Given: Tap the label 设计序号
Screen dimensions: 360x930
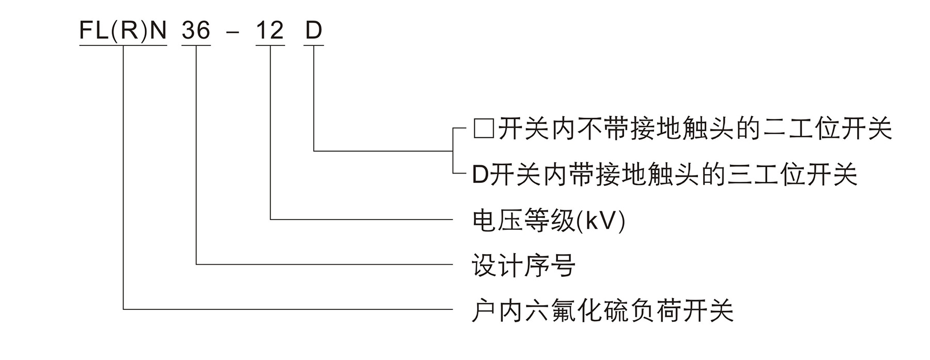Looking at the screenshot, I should (x=523, y=265).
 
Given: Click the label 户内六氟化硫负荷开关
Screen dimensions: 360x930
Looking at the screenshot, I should (x=602, y=311).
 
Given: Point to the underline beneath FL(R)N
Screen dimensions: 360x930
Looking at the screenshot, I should (x=123, y=46).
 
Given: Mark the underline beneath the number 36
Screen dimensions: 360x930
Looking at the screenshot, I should (x=196, y=46).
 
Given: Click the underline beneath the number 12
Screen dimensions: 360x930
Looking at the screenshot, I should (x=270, y=46).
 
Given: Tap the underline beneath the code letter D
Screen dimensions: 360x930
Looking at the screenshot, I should (x=314, y=46).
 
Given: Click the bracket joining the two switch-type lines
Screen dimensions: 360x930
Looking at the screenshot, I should (x=454, y=151).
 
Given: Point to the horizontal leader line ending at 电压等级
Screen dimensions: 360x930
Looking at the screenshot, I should (x=362, y=220).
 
